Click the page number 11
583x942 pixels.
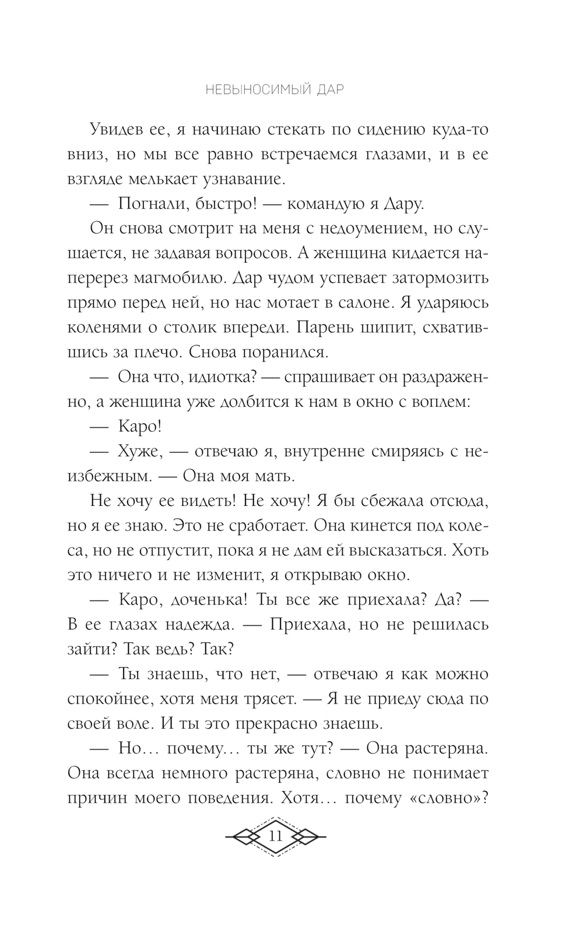(275, 836)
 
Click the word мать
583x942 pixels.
(272, 476)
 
